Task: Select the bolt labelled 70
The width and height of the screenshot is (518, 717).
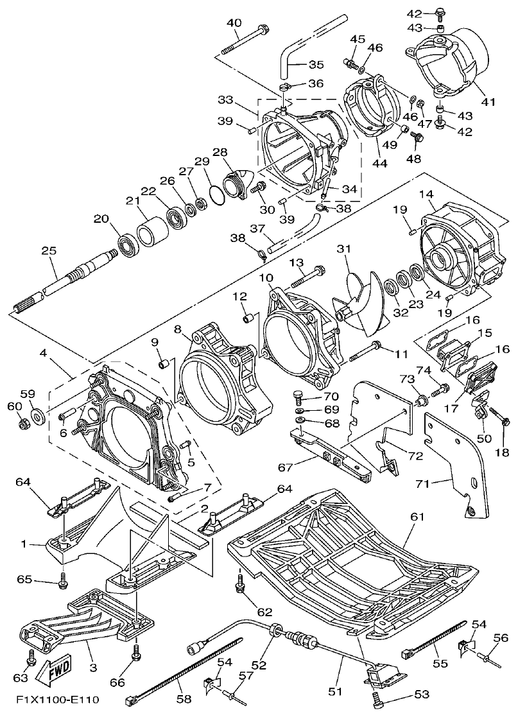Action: pyautogui.click(x=299, y=395)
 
